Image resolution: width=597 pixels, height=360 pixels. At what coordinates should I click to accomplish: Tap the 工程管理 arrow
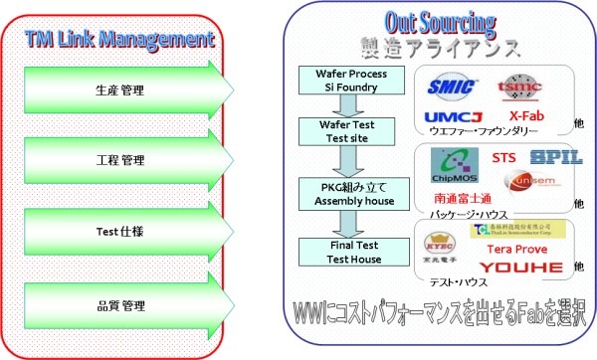click(118, 159)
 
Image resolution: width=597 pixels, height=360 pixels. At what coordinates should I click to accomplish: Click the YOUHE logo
click(521, 267)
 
